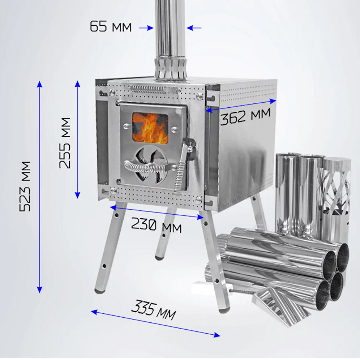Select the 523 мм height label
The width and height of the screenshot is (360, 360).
pyautogui.click(x=25, y=186)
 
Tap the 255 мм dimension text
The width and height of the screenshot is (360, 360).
pyautogui.click(x=64, y=143)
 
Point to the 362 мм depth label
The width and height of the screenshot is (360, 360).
pyautogui.click(x=245, y=116)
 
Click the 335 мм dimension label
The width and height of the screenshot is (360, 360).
pyautogui.click(x=153, y=310)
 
